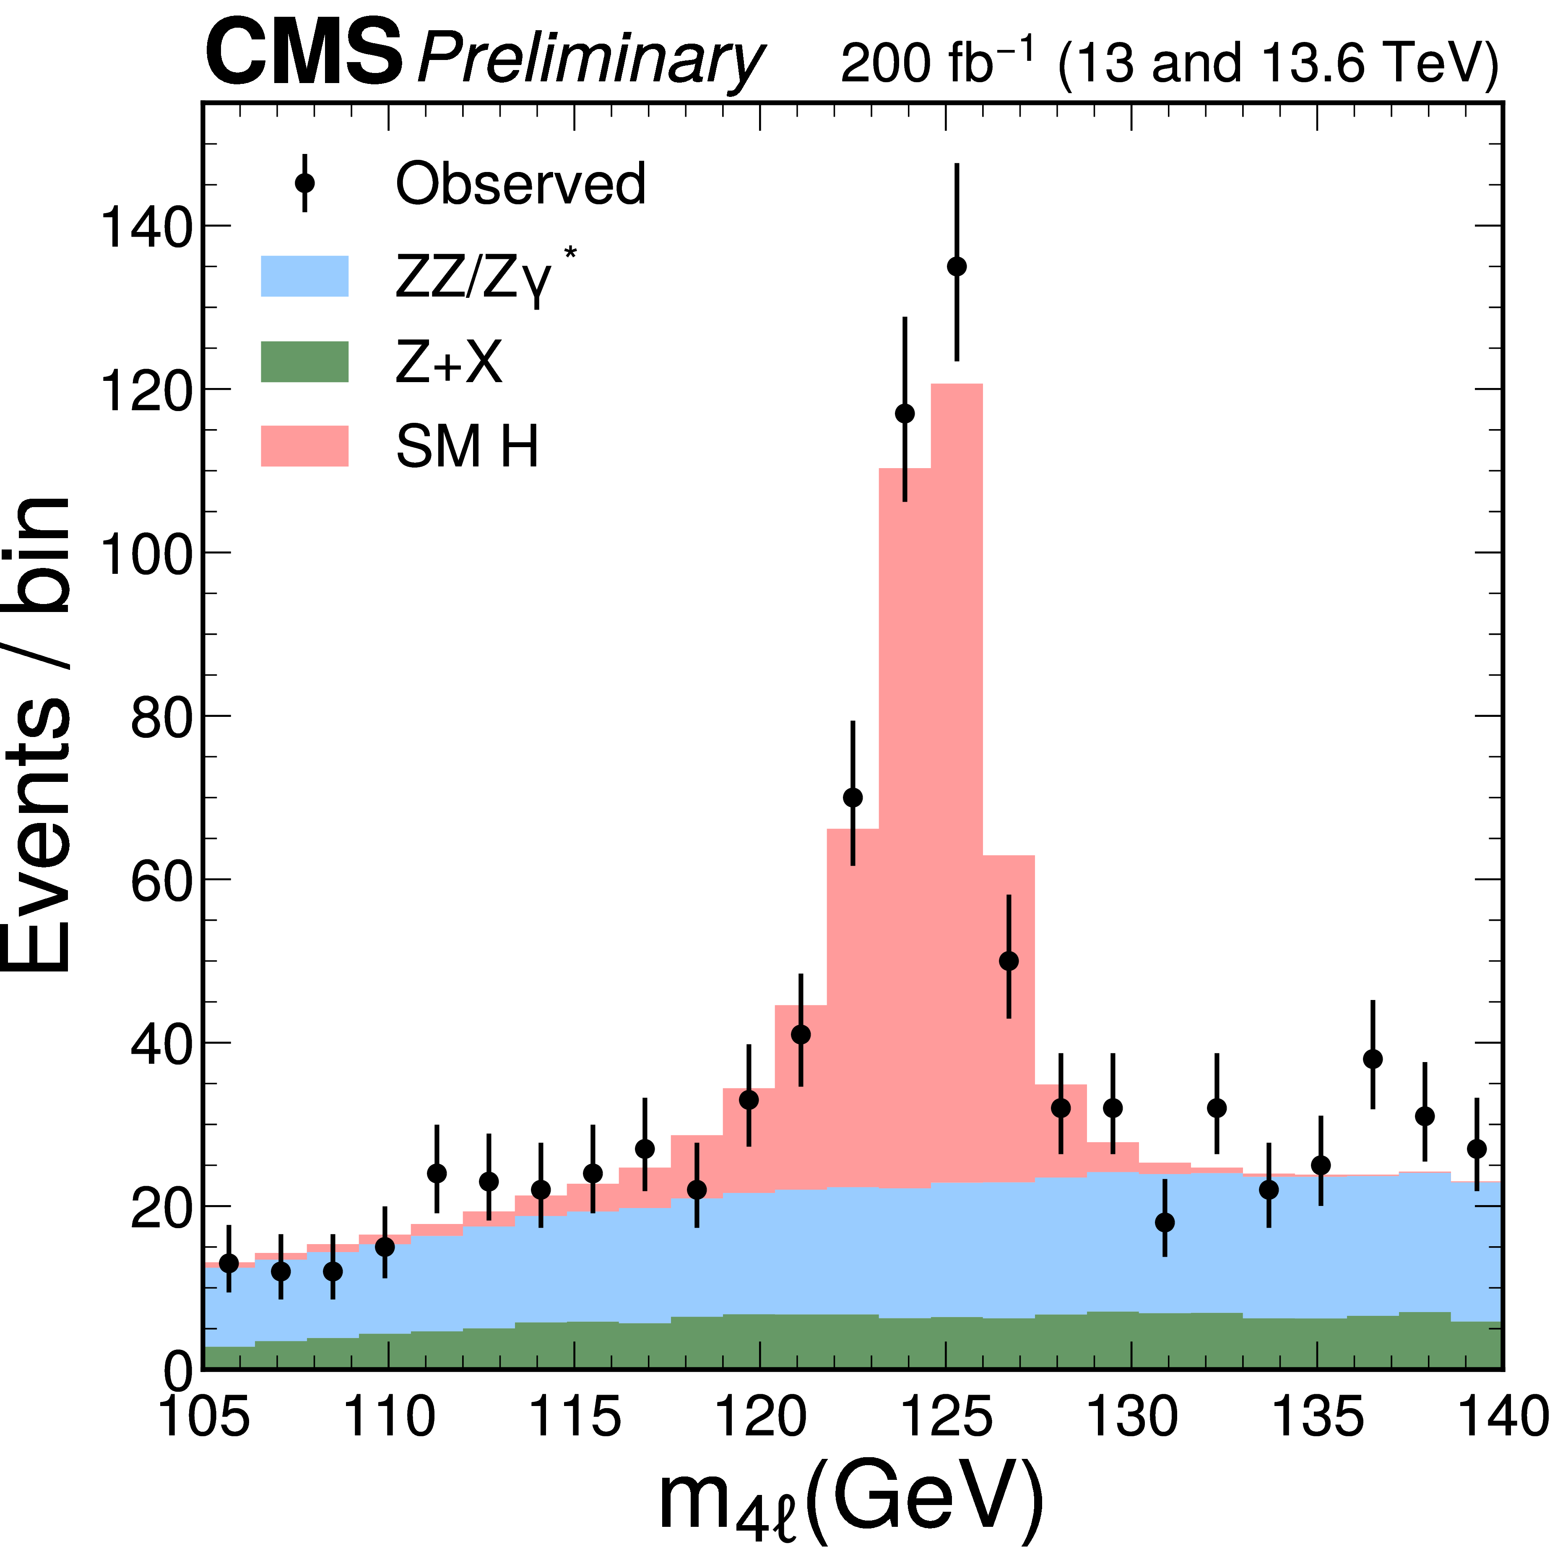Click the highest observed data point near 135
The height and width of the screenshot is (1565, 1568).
pos(1373,1058)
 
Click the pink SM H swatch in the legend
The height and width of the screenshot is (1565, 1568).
pos(304,445)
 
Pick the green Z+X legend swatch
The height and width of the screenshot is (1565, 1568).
pos(304,361)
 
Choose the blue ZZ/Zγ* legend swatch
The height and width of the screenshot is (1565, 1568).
pos(304,276)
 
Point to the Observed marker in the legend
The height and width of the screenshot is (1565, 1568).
pos(304,182)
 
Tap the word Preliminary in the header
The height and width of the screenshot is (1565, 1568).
pos(590,58)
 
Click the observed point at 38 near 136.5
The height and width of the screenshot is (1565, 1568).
pos(1373,1058)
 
